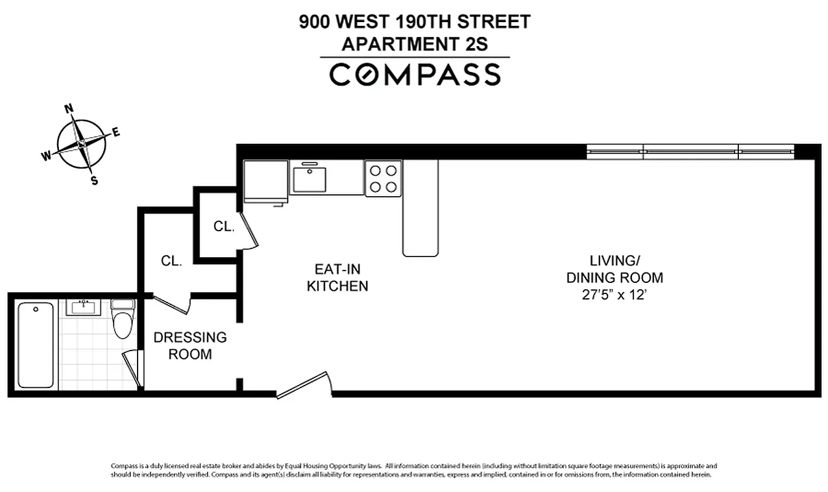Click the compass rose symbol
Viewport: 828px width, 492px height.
pos(81,143)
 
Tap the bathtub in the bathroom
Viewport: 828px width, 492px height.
pos(36,344)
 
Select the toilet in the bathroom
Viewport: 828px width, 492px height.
pos(123,319)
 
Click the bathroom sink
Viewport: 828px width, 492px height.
pos(83,307)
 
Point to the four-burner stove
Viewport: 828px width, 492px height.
pos(383,178)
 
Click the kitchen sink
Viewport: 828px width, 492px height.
pos(309,178)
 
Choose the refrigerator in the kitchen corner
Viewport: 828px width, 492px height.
pos(266,181)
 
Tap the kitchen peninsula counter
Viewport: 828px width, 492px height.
pos(421,209)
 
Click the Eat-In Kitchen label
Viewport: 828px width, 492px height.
pos(337,277)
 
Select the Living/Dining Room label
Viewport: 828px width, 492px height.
pos(614,268)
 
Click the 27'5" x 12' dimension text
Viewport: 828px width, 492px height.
pos(614,295)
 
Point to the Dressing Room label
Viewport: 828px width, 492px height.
pos(190,346)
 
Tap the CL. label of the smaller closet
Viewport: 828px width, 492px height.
pos(224,226)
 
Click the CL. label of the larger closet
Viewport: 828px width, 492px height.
pos(171,261)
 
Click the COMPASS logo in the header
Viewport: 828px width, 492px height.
pos(415,74)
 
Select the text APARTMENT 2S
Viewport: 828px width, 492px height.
pos(415,44)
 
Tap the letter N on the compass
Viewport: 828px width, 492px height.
pos(69,109)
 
